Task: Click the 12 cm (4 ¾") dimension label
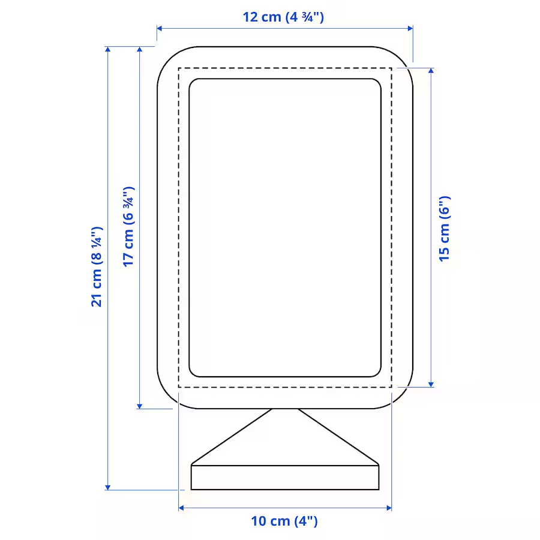tap(283, 17)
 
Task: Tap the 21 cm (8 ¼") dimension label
tap(97, 266)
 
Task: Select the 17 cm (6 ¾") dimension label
tap(128, 227)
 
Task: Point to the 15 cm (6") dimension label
tap(444, 229)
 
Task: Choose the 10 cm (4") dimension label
tap(284, 521)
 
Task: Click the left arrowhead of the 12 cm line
tap(160, 28)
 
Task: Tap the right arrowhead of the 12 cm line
tap(410, 28)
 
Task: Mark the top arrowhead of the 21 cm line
tap(108, 49)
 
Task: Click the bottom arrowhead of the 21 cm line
tap(108, 487)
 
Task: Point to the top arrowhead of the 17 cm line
tap(139, 49)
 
